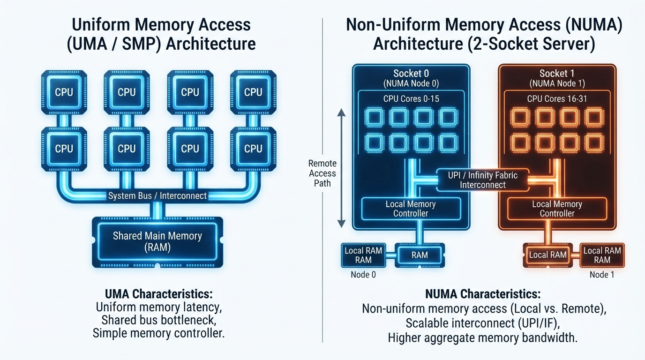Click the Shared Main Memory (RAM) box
(157, 242)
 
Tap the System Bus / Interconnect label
(157, 196)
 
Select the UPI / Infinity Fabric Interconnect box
(483, 180)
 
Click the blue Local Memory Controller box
(411, 209)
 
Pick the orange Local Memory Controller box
(557, 209)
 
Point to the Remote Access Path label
(322, 173)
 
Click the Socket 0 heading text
(411, 74)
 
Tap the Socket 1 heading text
(557, 74)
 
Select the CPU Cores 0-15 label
(411, 99)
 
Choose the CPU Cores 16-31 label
(557, 99)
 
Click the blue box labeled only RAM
(420, 255)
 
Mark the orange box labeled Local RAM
(547, 255)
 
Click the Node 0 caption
(363, 275)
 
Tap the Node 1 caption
(602, 275)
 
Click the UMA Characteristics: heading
(158, 294)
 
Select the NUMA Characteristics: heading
(483, 294)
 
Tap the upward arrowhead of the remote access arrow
(341, 112)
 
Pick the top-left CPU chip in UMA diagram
(64, 92)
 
